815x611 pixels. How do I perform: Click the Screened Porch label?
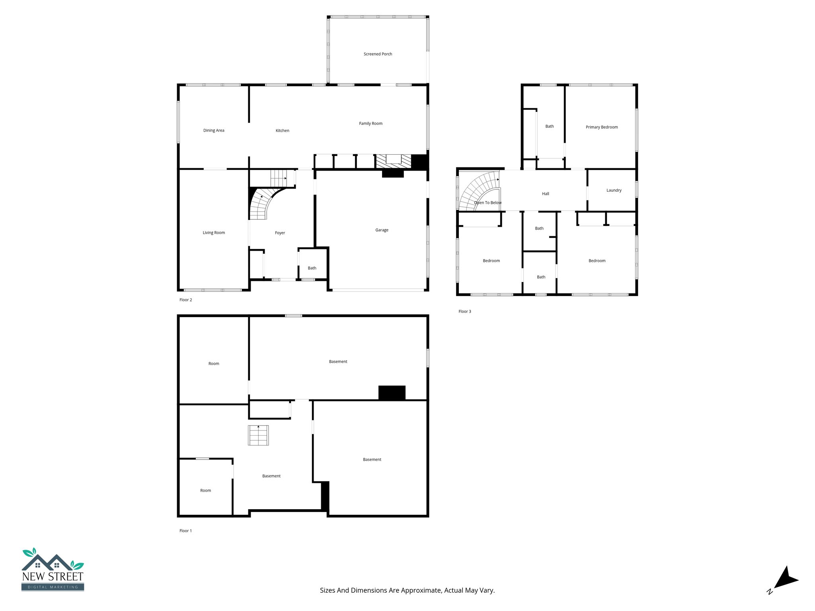(x=378, y=54)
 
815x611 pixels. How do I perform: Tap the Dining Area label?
(x=214, y=130)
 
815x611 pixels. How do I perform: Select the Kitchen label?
(x=283, y=130)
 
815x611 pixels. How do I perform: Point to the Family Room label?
(x=370, y=123)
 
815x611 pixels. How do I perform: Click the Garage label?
(x=382, y=230)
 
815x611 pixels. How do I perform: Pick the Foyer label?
(x=280, y=233)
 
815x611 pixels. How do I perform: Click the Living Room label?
(x=214, y=233)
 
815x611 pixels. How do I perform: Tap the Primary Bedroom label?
(x=602, y=127)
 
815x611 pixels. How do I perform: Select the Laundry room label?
(x=614, y=190)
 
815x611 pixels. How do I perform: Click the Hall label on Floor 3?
(x=545, y=194)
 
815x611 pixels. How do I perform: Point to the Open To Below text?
(x=487, y=203)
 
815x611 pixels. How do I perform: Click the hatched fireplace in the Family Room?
(x=394, y=161)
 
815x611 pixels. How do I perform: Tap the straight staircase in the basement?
(x=258, y=435)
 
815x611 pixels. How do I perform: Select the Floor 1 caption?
(x=185, y=531)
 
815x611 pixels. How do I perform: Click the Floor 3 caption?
(x=464, y=311)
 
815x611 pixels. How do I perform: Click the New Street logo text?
(x=53, y=576)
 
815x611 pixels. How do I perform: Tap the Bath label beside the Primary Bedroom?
(x=549, y=126)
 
